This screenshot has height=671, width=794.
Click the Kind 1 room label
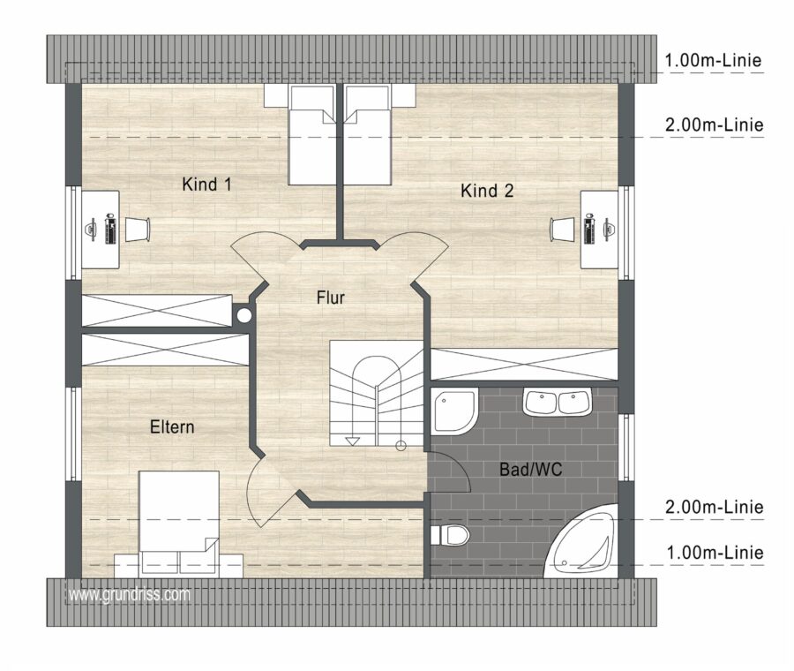(206, 184)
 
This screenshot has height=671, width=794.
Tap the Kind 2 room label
(487, 191)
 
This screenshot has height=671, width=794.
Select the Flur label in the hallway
(330, 298)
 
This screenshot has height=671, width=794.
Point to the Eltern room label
(172, 427)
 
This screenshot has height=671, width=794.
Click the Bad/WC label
(531, 470)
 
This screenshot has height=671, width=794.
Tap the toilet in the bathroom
(450, 535)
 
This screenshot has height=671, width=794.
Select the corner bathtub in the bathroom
(581, 541)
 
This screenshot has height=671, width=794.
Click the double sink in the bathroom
(557, 403)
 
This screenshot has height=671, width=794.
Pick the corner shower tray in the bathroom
(454, 411)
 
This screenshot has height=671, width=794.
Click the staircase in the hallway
(377, 393)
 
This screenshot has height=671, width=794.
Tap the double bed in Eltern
(179, 522)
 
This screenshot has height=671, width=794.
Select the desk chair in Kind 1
(138, 230)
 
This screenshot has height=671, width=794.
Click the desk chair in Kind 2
(563, 230)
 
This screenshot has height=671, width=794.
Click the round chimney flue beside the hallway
(244, 315)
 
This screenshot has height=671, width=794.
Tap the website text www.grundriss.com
(130, 594)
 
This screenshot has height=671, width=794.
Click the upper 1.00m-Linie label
(713, 61)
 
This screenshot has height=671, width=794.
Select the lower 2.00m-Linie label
(714, 507)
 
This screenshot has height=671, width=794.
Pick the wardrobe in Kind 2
(523, 364)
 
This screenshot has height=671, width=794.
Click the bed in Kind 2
(368, 134)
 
